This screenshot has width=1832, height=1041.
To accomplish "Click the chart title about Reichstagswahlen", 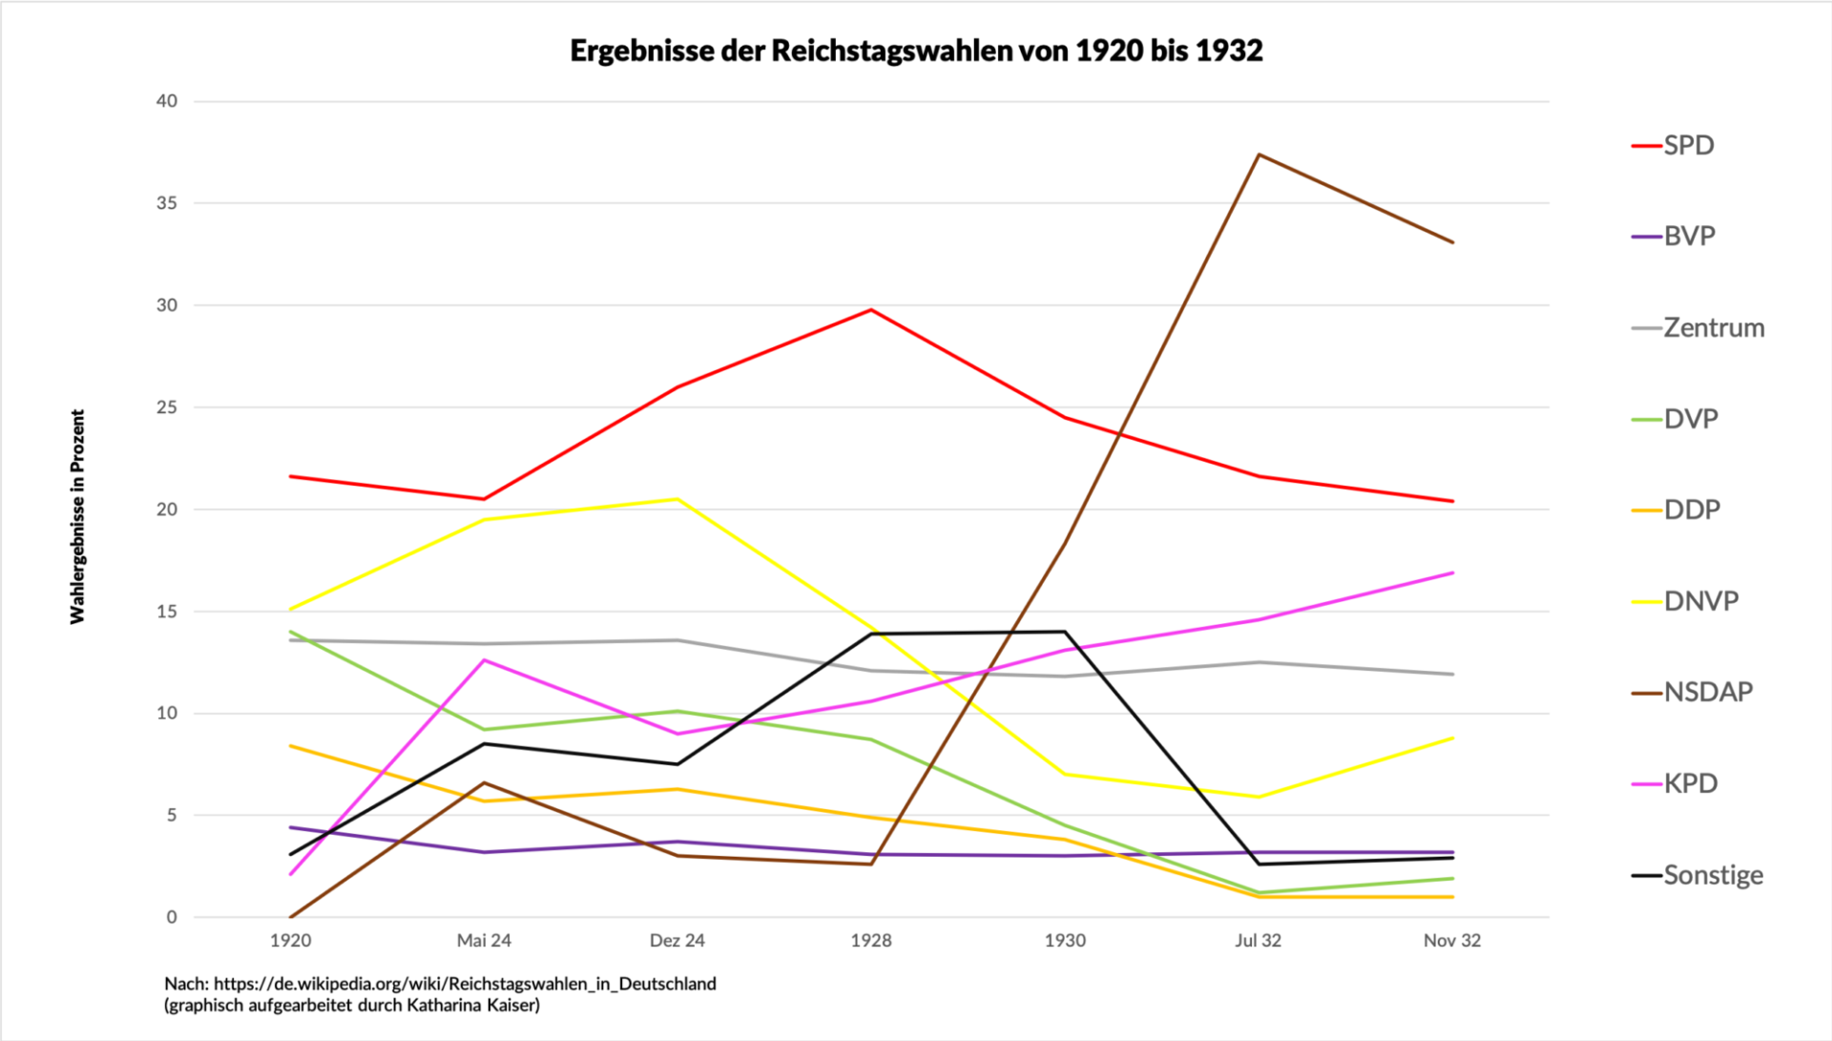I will coord(916,51).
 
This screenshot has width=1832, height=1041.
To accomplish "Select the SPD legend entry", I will coord(1688,146).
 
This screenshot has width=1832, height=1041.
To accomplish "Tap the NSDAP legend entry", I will coord(1707,692).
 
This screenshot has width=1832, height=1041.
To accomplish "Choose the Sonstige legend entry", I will coord(1712,875).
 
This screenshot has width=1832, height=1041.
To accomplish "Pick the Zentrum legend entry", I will coord(1713,328).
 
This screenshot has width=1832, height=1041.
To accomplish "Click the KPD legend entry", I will coord(1690,783).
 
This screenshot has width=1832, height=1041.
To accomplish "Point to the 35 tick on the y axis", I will coord(167,203).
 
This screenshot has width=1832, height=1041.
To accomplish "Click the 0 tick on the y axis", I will coord(172,917).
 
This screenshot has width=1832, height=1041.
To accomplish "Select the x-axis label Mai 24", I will coord(484,941).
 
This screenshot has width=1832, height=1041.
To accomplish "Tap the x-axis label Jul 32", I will coord(1258,941).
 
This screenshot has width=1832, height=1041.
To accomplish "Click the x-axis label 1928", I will coord(870,941).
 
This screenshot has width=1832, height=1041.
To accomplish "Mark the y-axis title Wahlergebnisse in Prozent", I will coord(77,516).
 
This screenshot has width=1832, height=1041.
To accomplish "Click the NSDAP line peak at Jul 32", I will coord(1259,155).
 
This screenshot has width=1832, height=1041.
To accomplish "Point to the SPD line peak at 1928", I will coord(871,309).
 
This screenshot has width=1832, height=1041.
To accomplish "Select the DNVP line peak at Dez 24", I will coord(677,499).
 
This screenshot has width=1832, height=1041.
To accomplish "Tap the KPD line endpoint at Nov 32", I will coord(1452,573).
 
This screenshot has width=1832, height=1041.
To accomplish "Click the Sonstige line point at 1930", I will coord(1065,632).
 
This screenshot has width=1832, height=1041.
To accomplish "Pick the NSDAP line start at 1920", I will coord(290,917).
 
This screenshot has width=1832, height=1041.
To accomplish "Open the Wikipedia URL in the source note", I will coord(465,984).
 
